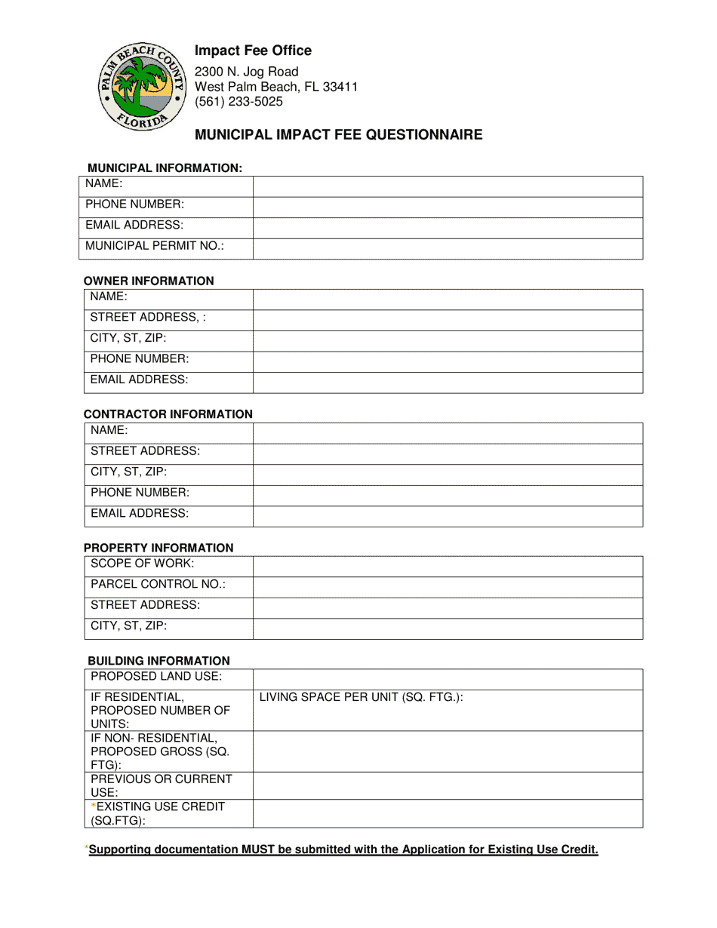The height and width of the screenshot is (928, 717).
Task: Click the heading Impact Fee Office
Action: pyautogui.click(x=253, y=51)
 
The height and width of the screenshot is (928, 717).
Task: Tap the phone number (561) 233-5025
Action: pyautogui.click(x=238, y=101)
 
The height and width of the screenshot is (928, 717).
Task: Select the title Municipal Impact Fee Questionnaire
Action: pyautogui.click(x=339, y=135)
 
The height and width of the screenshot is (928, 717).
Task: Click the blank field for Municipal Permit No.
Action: pyautogui.click(x=448, y=249)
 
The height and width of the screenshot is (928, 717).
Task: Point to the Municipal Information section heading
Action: pyautogui.click(x=165, y=167)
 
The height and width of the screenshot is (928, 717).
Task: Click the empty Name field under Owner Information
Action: pyautogui.click(x=448, y=300)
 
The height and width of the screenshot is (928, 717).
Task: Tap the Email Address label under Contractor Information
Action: pyautogui.click(x=140, y=513)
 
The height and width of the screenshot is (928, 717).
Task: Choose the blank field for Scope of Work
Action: pyautogui.click(x=448, y=567)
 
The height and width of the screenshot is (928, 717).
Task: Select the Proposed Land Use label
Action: pyautogui.click(x=156, y=676)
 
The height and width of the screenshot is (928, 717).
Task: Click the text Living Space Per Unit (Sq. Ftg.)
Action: pyautogui.click(x=361, y=697)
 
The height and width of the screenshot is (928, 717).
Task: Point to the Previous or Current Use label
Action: pyautogui.click(x=162, y=785)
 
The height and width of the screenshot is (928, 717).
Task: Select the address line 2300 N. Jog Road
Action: pyautogui.click(x=247, y=72)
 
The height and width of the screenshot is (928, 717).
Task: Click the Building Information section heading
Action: pyautogui.click(x=158, y=661)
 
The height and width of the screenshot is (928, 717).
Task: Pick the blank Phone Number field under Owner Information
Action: pyautogui.click(x=448, y=361)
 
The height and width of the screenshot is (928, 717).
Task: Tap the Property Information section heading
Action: pyautogui.click(x=158, y=548)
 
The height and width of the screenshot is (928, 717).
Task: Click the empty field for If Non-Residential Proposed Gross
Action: pyautogui.click(x=448, y=751)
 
